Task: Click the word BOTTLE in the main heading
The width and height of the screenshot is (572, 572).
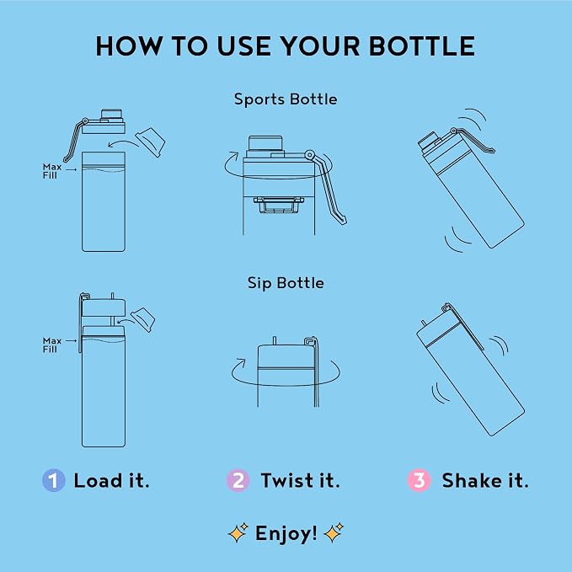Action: coord(422,46)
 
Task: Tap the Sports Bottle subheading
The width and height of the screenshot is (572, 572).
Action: coord(286,99)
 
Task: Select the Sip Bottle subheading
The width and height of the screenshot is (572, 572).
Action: coord(286,283)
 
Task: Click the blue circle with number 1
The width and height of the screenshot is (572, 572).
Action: coord(54,480)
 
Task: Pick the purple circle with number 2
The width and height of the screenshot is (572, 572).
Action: coord(238,480)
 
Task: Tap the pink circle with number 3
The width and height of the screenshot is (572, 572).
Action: coord(420,480)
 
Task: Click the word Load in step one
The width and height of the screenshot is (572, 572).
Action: coord(98,480)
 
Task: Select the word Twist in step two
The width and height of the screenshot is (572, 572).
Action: coord(287,480)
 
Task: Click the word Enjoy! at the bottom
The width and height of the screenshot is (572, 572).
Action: coord(286,534)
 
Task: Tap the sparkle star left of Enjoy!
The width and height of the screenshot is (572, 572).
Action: coord(238,533)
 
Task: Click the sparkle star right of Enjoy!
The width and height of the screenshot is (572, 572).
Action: coord(334,533)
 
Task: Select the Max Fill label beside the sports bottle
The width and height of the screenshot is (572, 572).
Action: coord(51,171)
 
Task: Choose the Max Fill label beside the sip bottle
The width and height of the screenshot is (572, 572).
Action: coord(51,345)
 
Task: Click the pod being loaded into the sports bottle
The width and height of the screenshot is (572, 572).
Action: coord(150,142)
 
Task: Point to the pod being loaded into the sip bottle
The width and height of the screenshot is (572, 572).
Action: coord(143,320)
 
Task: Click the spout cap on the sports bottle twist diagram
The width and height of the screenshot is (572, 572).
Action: coord(265,143)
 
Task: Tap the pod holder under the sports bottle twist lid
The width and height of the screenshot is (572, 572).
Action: coord(279,205)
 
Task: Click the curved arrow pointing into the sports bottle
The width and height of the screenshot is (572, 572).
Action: coord(123,142)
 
